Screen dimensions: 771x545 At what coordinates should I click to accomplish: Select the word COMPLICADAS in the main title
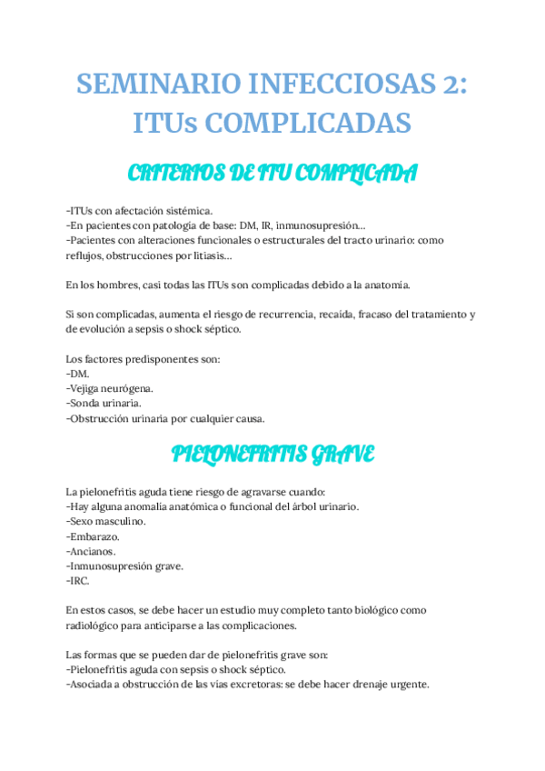click(x=310, y=122)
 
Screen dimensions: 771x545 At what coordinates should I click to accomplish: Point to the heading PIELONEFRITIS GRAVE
click(x=272, y=454)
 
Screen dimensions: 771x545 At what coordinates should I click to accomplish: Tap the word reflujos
click(x=87, y=255)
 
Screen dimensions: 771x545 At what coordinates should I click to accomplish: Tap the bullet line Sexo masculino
click(x=106, y=521)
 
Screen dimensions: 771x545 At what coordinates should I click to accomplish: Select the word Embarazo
click(x=94, y=536)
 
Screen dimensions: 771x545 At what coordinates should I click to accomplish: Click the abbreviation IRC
click(x=80, y=580)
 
